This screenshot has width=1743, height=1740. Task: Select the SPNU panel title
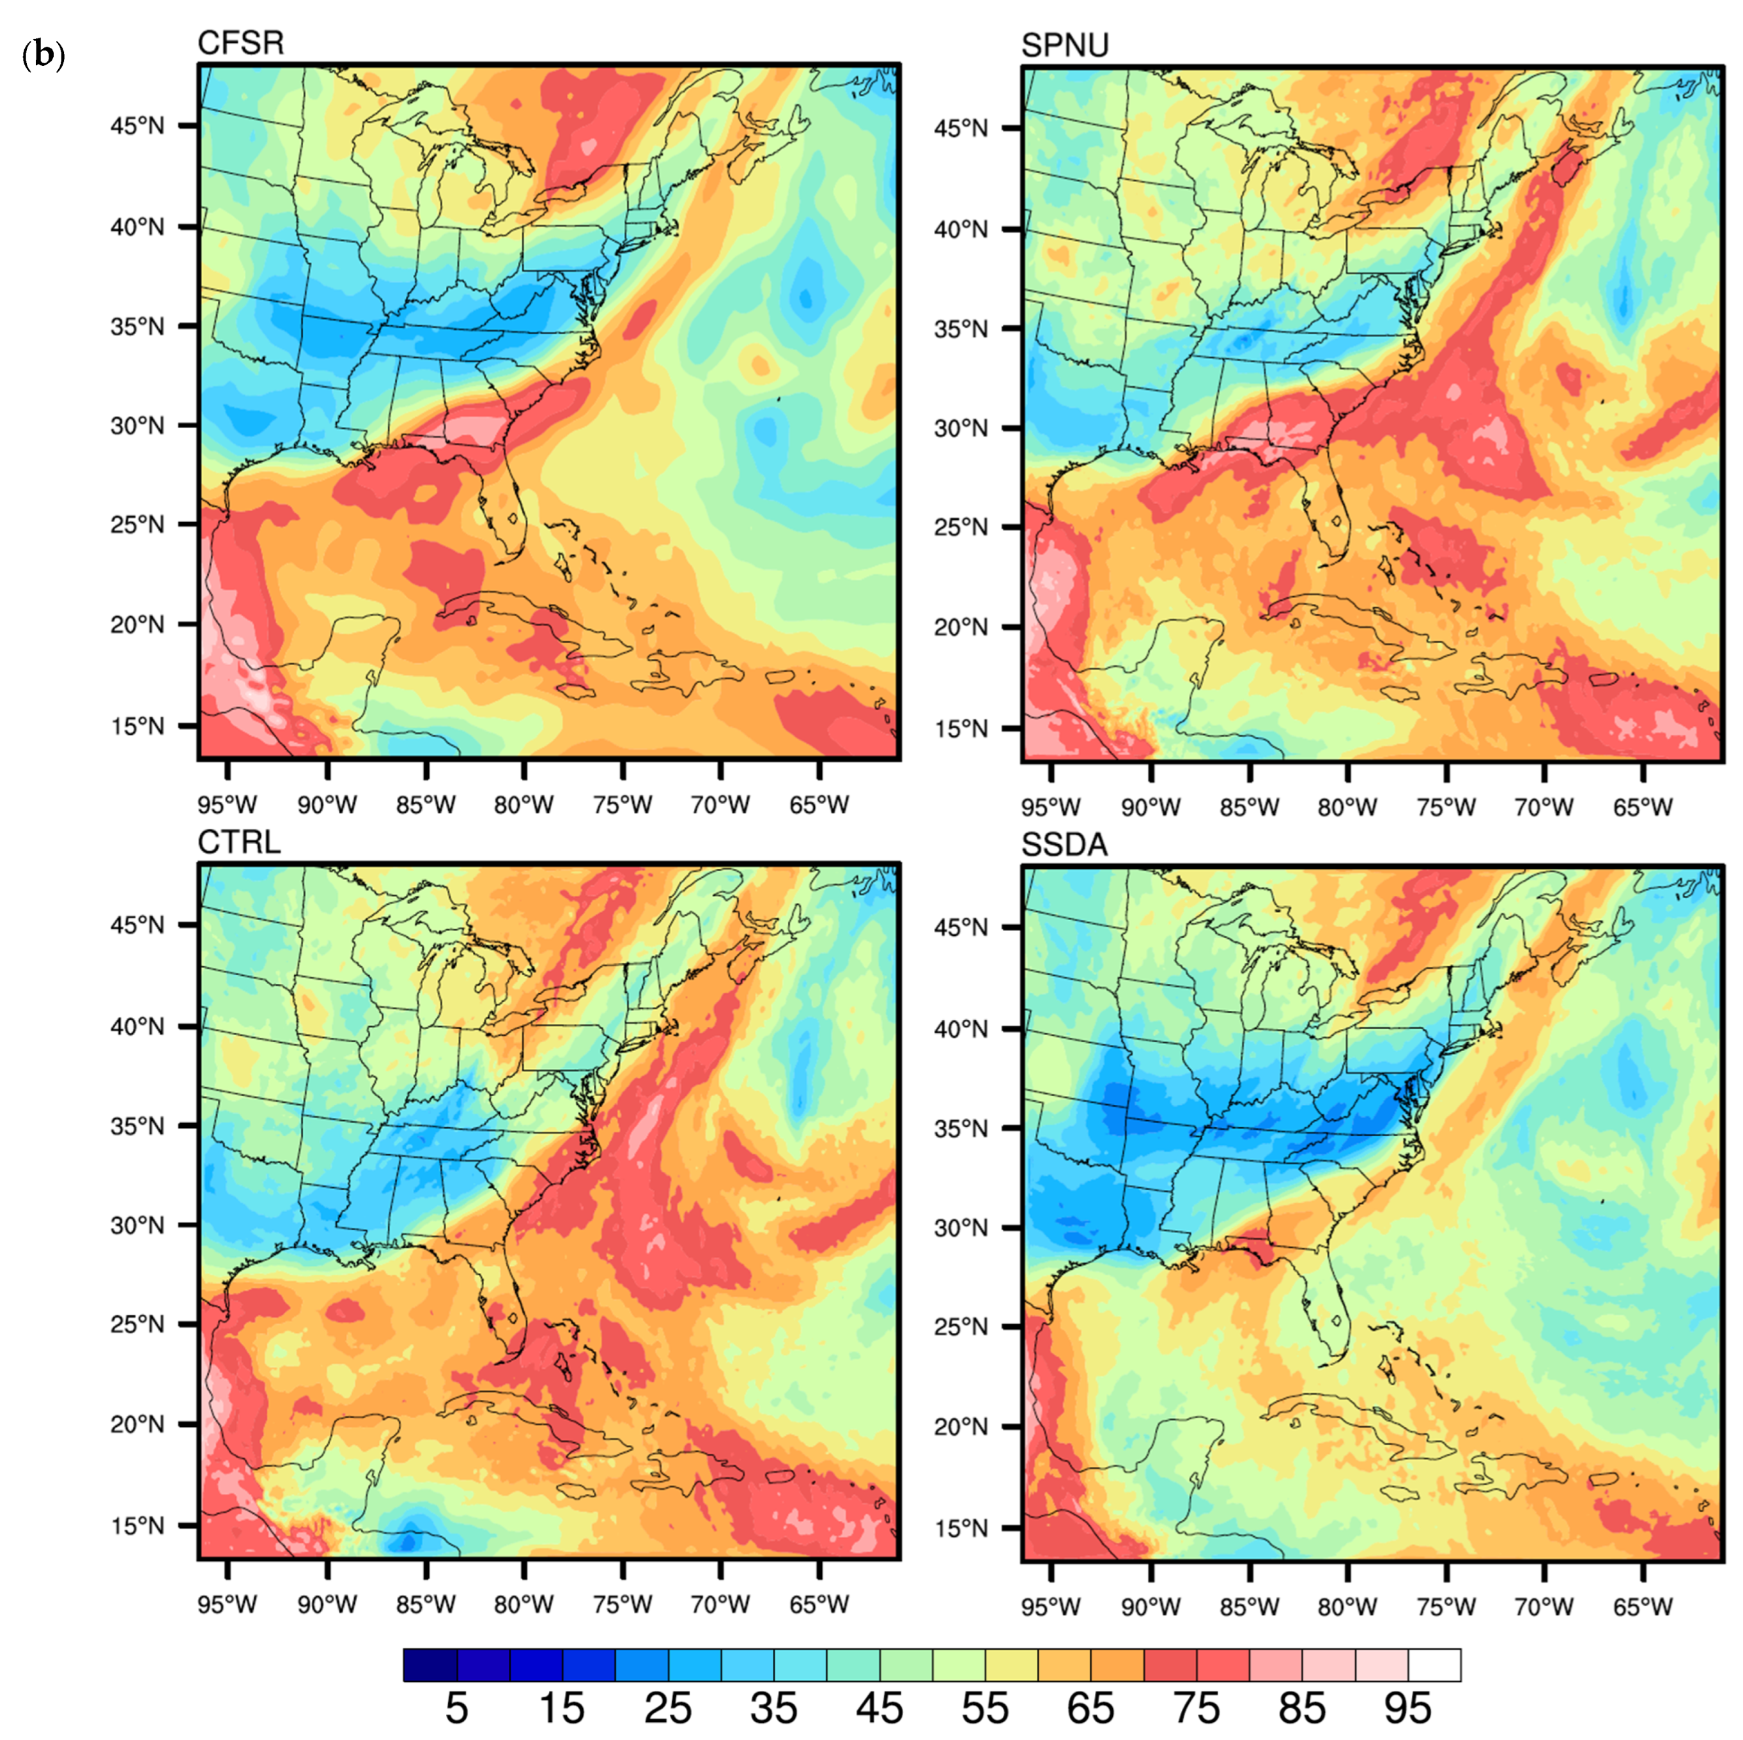click(x=1065, y=45)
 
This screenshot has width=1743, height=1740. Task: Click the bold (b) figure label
click(x=42, y=56)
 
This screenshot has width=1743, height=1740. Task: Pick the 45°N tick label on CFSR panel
click(x=137, y=127)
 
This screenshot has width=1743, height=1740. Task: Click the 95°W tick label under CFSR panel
click(x=228, y=805)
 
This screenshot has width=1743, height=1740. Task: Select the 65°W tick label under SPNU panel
click(x=1643, y=807)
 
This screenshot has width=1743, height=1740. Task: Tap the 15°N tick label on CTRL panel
click(x=137, y=1525)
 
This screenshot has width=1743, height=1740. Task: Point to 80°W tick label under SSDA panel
click(x=1348, y=1606)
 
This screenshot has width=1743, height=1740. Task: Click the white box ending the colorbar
click(x=1434, y=1664)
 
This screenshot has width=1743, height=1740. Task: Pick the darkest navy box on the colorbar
click(x=430, y=1664)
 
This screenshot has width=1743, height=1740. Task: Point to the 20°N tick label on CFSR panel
click(x=137, y=624)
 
